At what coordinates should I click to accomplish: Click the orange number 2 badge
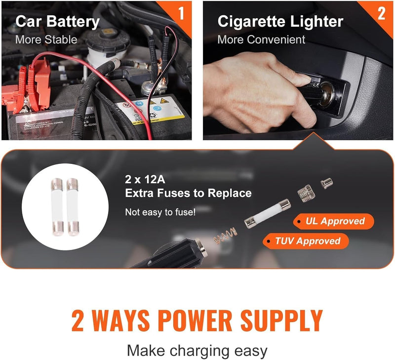coord(381,13)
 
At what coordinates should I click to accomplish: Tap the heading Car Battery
coord(57,22)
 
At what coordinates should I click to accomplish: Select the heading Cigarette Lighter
coord(280,22)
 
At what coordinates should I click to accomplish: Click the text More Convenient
coord(261,40)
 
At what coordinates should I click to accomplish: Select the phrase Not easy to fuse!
coord(160,212)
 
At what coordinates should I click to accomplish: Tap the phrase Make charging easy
coord(197,351)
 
